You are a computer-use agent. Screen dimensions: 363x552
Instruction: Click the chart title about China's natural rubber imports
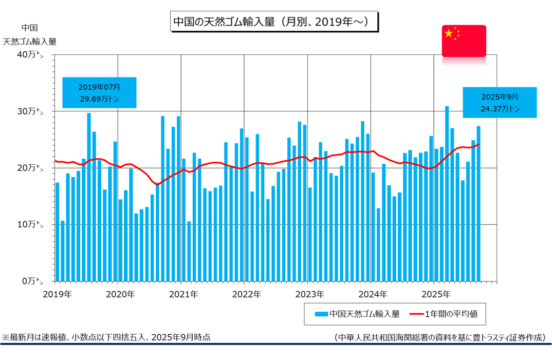[271, 22]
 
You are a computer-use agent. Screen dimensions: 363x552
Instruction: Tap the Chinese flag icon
[464, 41]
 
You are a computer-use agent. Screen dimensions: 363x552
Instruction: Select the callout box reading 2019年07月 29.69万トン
[99, 92]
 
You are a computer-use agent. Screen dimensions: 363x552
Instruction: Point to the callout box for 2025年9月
[500, 102]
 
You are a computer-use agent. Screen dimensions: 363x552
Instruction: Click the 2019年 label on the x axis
[57, 295]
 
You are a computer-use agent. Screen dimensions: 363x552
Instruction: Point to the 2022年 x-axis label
[247, 295]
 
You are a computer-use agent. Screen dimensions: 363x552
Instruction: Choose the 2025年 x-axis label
[436, 295]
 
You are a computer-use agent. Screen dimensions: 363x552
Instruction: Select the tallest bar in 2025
[447, 194]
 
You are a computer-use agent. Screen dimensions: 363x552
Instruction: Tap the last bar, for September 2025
[479, 203]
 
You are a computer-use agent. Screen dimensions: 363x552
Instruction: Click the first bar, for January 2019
[57, 232]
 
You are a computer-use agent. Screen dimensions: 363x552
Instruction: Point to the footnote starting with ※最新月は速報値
[106, 337]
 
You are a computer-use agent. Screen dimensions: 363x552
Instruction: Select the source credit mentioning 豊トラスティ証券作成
[439, 337]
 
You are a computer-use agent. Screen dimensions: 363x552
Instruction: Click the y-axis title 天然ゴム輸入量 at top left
[30, 42]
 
